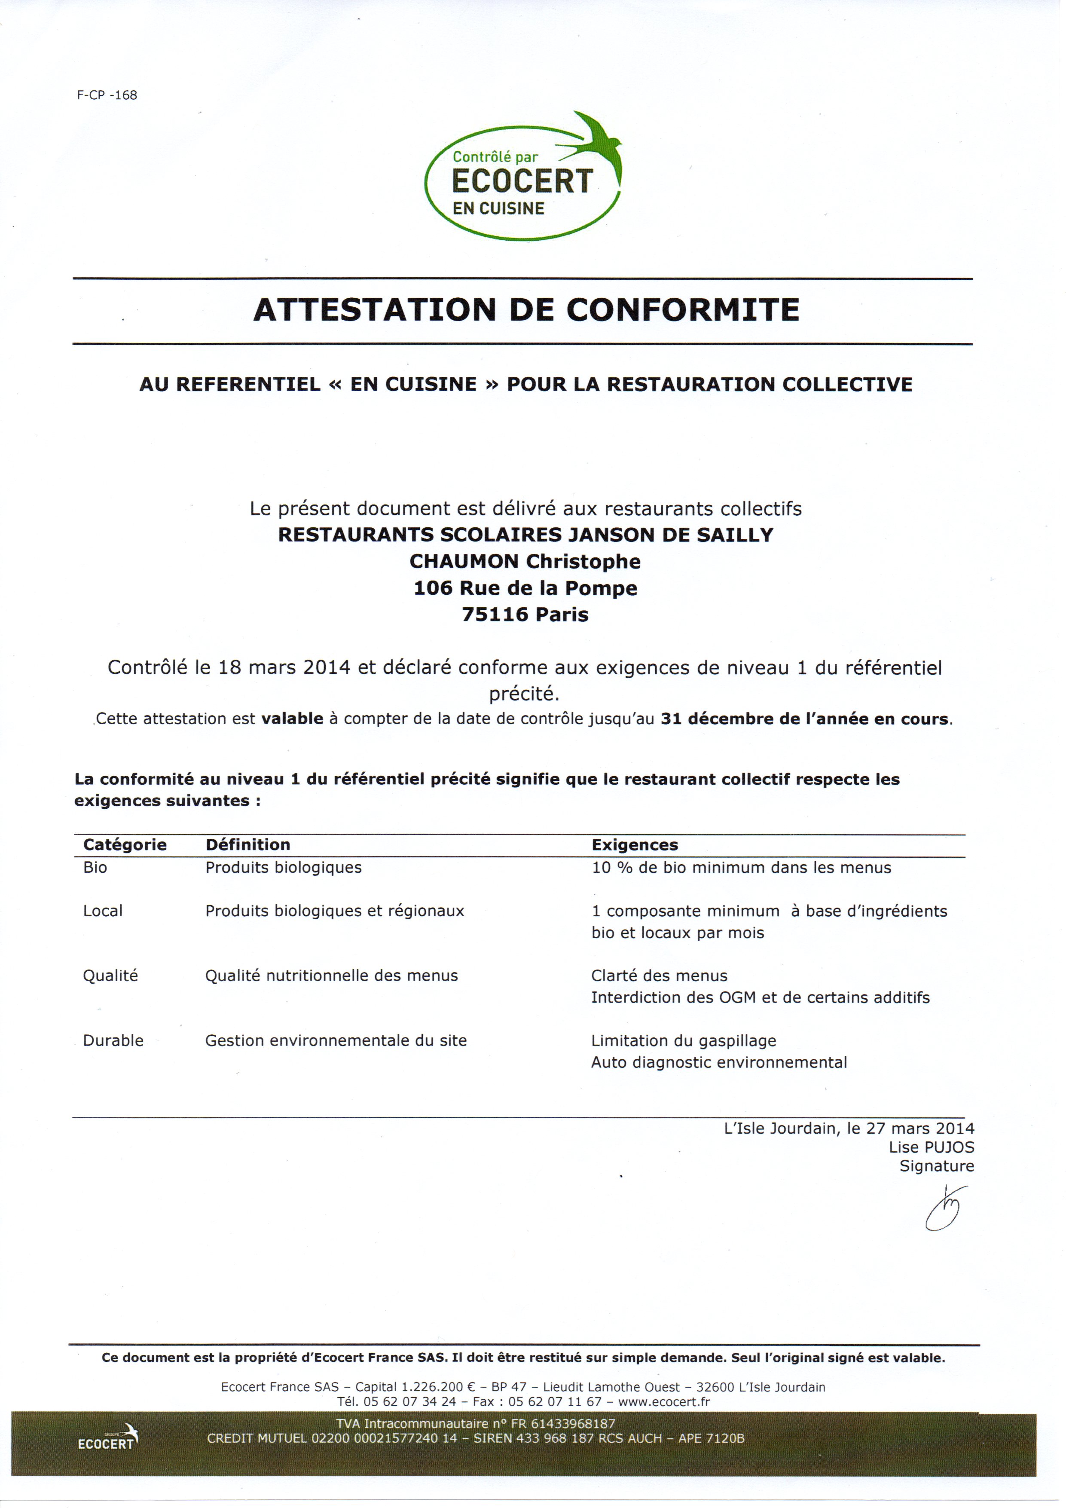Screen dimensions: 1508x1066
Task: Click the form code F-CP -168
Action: coord(107,95)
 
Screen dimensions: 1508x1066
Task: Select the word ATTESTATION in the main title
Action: coord(374,310)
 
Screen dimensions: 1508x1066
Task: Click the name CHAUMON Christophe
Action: coord(525,562)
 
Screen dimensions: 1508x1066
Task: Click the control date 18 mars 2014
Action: coord(284,668)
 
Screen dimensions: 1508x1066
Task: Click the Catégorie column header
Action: coord(125,844)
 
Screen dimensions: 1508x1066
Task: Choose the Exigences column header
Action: coord(635,844)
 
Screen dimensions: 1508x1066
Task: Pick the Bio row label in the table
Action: coord(95,868)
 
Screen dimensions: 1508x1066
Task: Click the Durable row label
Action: coord(113,1040)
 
